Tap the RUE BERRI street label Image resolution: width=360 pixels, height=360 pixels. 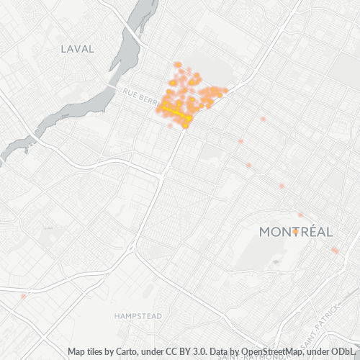click(x=140, y=94)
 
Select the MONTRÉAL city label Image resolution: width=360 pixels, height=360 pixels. click(x=295, y=232)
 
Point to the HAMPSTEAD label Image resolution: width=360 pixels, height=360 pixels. click(x=138, y=316)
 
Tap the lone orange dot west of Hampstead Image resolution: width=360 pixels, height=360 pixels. click(x=24, y=295)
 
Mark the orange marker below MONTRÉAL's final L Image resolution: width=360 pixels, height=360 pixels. click(x=335, y=250)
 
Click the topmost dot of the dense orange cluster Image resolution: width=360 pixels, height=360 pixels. click(x=177, y=64)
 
